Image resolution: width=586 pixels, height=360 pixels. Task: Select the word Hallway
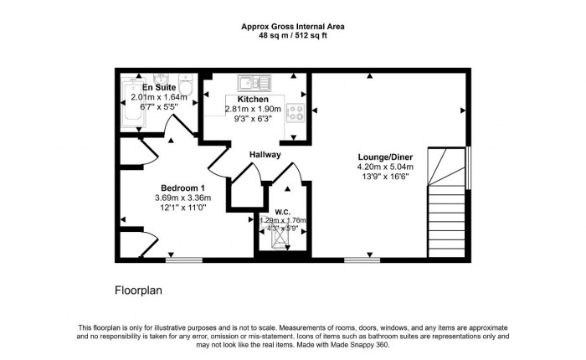click(x=265, y=155)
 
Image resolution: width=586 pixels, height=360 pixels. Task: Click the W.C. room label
click(x=282, y=211)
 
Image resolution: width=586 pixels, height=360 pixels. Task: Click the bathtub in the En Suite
click(x=133, y=105)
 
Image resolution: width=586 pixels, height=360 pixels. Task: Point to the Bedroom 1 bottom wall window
click(x=177, y=260)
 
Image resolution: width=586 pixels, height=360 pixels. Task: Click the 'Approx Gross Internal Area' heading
click(x=293, y=27)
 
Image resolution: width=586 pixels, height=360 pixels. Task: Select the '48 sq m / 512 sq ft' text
click(x=293, y=37)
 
